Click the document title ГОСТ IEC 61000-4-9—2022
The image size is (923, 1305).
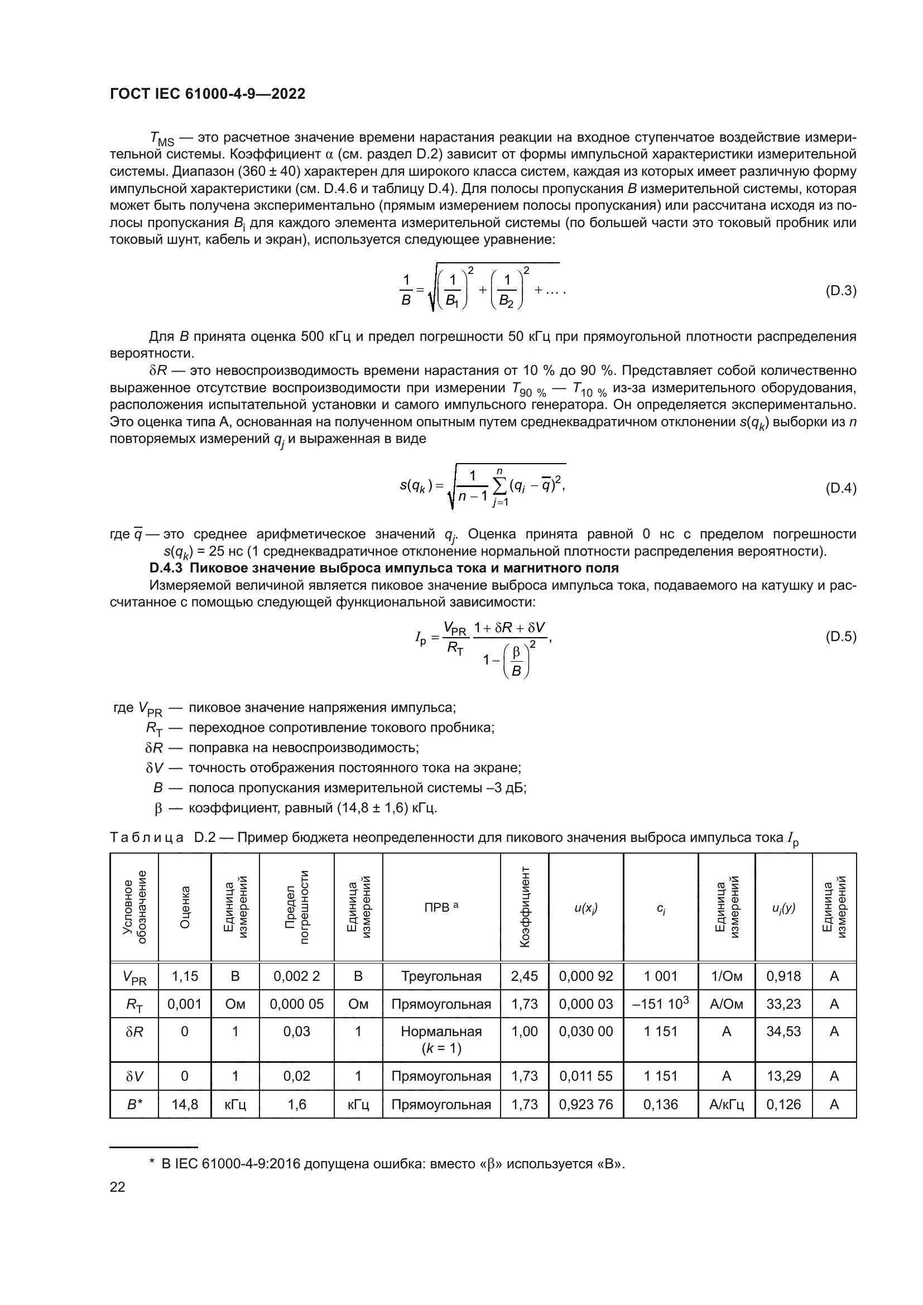208,94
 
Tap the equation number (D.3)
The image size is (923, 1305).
840,291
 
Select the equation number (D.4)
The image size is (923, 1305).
840,488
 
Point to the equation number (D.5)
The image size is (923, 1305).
840,637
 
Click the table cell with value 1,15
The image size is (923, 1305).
185,976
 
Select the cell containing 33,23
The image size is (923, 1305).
783,1004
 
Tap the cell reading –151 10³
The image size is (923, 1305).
660,1004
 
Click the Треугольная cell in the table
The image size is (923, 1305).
441,976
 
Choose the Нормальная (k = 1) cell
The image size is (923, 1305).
441,1039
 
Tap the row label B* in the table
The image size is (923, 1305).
134,1104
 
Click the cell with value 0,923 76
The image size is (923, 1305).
586,1104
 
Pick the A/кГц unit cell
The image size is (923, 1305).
727,1104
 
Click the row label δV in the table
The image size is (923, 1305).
134,1076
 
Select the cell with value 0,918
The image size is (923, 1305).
783,976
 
